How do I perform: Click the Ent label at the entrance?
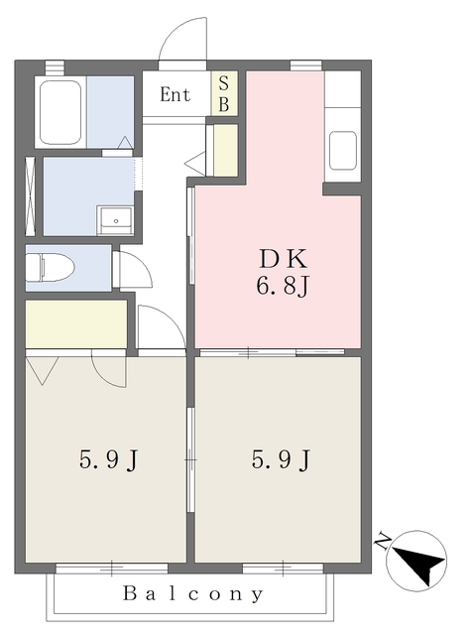click(175, 95)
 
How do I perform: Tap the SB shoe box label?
click(224, 94)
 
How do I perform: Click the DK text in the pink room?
click(283, 259)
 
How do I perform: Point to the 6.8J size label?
click(283, 287)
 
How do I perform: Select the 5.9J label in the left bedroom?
click(108, 460)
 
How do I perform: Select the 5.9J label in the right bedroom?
click(281, 459)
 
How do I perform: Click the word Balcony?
click(193, 594)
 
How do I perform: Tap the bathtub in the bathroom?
click(60, 112)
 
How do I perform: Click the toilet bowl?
click(51, 267)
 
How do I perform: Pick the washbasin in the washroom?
click(116, 220)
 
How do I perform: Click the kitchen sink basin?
click(342, 150)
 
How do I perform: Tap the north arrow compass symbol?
click(416, 561)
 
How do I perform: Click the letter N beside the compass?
click(382, 541)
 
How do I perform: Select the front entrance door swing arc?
click(182, 39)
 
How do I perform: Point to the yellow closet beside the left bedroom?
click(76, 324)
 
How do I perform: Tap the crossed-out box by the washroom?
click(31, 196)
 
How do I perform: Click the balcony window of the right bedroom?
click(283, 569)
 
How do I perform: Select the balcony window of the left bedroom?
click(112, 569)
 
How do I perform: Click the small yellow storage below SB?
click(225, 150)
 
